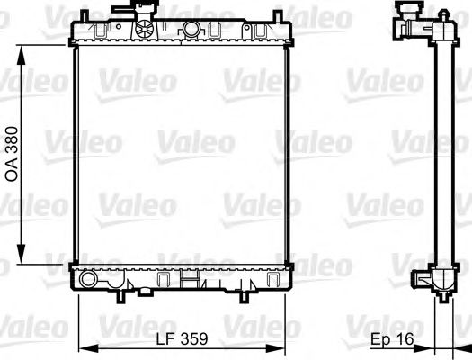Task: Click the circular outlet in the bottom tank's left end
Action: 88,280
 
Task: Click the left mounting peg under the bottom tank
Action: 119,295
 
